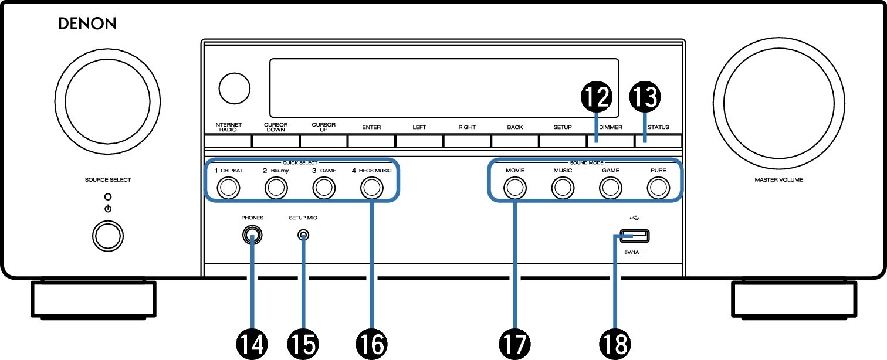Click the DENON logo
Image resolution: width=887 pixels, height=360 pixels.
tap(87, 23)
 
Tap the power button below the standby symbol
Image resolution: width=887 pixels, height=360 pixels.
tap(108, 236)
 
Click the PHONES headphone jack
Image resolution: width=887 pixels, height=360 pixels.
tap(252, 235)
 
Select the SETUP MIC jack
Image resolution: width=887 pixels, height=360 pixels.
tap(303, 235)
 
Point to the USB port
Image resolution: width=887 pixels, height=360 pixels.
tap(634, 236)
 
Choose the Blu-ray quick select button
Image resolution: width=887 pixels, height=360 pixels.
tap(276, 188)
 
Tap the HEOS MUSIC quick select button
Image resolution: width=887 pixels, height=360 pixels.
tap(371, 188)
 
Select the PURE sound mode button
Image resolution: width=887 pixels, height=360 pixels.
tap(658, 188)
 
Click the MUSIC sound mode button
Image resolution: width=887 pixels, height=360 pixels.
tap(563, 188)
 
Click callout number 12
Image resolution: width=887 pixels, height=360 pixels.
tap(597, 97)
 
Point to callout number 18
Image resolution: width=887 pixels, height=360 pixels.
tap(615, 344)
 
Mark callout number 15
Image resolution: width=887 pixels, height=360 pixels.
tap(303, 344)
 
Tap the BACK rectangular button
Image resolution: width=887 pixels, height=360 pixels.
tap(515, 141)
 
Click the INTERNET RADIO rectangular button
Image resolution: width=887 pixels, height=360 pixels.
tap(228, 141)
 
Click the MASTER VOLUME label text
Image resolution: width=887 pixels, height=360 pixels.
tap(778, 179)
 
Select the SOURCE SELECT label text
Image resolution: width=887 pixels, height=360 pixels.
tap(108, 179)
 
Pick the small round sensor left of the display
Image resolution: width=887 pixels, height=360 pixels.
tap(235, 88)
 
